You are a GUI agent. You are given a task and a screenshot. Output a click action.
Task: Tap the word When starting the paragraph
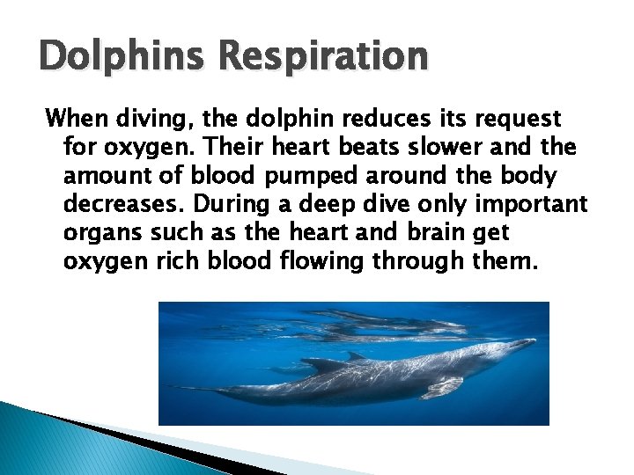tap(77, 117)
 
